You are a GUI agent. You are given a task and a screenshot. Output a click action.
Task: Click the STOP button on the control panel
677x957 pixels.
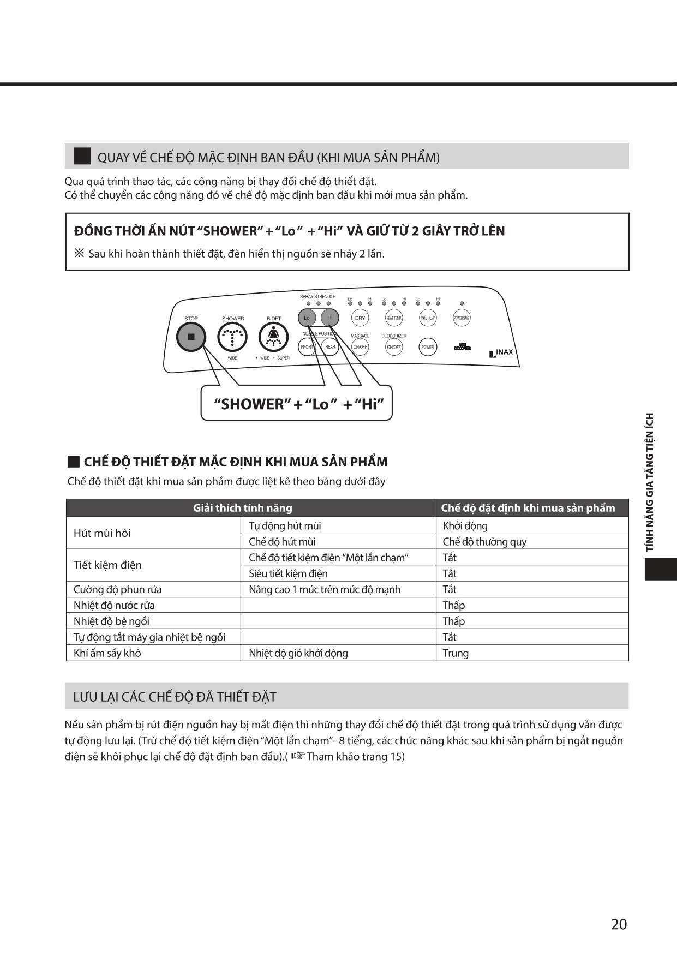click(x=191, y=337)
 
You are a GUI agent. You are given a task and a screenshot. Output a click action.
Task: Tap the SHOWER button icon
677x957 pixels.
click(x=232, y=338)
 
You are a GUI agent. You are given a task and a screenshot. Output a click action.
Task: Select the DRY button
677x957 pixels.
click(x=360, y=318)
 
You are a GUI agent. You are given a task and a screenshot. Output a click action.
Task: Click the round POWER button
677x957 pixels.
click(x=428, y=347)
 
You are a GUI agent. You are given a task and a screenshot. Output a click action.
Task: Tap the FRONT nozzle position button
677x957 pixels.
click(x=307, y=347)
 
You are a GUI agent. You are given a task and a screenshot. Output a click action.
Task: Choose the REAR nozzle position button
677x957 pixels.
click(x=330, y=347)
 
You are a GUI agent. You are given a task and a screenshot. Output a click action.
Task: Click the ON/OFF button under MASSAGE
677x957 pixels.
click(x=360, y=347)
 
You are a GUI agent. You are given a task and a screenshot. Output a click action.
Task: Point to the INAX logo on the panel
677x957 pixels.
click(x=501, y=352)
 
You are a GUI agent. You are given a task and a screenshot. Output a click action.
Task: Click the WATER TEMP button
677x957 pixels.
click(x=428, y=318)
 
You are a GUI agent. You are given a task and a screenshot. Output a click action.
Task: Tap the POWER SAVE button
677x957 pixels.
click(x=462, y=318)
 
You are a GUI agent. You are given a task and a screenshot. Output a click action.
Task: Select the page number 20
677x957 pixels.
click(x=619, y=924)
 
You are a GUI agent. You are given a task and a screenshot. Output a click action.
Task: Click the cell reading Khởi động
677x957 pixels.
click(x=465, y=526)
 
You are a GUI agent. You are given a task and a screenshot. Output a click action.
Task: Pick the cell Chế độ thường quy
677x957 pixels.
click(x=484, y=542)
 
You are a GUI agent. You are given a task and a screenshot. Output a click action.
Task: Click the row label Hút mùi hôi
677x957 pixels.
click(x=102, y=533)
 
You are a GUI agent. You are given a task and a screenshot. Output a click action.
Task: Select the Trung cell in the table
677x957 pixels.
click(x=456, y=653)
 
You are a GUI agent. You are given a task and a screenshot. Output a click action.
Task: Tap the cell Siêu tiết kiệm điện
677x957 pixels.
click(x=289, y=573)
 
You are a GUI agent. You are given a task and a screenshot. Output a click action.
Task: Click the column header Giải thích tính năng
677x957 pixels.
click(x=243, y=508)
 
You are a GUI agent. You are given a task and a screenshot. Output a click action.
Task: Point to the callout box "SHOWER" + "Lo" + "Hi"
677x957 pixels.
click(x=297, y=404)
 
